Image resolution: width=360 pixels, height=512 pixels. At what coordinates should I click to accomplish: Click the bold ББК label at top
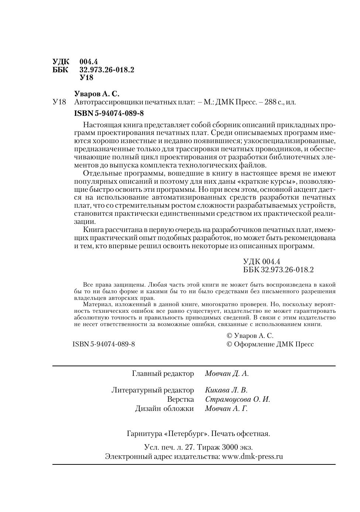point(61,70)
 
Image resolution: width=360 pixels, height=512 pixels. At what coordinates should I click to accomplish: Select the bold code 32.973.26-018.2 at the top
point(107,70)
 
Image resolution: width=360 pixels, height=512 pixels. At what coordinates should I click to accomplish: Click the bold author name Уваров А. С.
point(97,94)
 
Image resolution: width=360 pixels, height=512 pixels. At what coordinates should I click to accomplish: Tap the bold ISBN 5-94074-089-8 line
point(109,113)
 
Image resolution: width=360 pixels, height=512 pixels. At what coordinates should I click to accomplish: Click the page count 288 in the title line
point(270,102)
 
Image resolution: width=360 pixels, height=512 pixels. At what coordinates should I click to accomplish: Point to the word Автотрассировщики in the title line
point(104,102)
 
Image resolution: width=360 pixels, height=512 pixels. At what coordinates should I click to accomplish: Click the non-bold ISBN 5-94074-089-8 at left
point(104,344)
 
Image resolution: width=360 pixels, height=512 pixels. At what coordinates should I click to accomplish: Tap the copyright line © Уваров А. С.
point(250,336)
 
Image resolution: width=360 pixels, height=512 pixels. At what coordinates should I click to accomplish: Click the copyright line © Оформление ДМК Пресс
point(270,344)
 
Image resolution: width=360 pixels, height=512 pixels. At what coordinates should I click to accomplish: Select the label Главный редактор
point(163,374)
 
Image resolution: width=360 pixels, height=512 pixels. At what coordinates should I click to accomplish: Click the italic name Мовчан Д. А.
point(227,374)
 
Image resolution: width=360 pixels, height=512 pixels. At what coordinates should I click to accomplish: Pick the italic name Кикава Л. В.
point(226,390)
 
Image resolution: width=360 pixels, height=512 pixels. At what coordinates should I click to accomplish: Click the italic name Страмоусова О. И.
point(237,399)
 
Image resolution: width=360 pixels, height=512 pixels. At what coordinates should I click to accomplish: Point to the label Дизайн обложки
point(164,409)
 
